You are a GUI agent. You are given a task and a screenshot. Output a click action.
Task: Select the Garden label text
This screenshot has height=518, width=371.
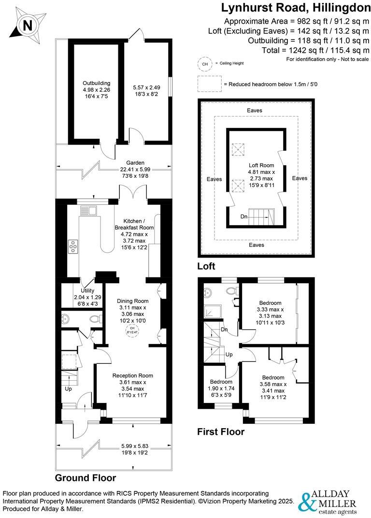(x=136, y=162)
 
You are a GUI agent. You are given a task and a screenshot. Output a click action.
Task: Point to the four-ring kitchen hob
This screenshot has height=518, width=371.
(x=74, y=246)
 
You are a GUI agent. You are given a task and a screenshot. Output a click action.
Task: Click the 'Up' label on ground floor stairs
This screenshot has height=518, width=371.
(x=69, y=388)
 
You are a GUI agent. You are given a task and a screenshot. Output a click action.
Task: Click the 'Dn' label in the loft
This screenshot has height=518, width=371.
(x=244, y=217)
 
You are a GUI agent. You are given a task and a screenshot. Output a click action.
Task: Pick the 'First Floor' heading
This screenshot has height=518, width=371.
(x=221, y=432)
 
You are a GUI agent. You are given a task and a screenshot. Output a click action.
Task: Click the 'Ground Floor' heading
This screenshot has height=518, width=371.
(x=85, y=478)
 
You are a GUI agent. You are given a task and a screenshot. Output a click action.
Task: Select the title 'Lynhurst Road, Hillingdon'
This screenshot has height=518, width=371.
(x=296, y=8)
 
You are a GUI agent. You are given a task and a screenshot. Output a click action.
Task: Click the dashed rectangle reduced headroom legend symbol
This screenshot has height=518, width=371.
(x=209, y=84)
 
